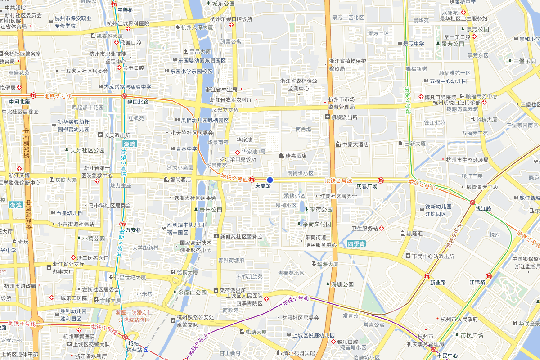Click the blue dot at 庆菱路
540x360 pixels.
coord(270,180)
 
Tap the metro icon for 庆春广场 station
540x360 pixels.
coord(381,180)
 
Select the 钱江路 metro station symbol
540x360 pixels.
coord(472,203)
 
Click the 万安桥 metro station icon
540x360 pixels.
coord(122,224)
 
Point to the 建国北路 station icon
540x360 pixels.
coord(124,96)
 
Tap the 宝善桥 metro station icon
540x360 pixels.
coord(114,4)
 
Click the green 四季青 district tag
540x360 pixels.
coord(356,244)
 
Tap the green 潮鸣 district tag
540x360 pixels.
coord(130,144)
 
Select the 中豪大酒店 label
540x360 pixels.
coord(355,144)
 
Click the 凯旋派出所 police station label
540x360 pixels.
coord(344,117)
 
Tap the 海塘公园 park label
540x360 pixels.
coord(342,284)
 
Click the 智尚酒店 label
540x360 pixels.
coord(180,179)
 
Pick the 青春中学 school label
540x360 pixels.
coord(186,148)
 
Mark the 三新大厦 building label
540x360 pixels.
coord(415,143)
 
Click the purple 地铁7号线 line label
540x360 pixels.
coord(295,301)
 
